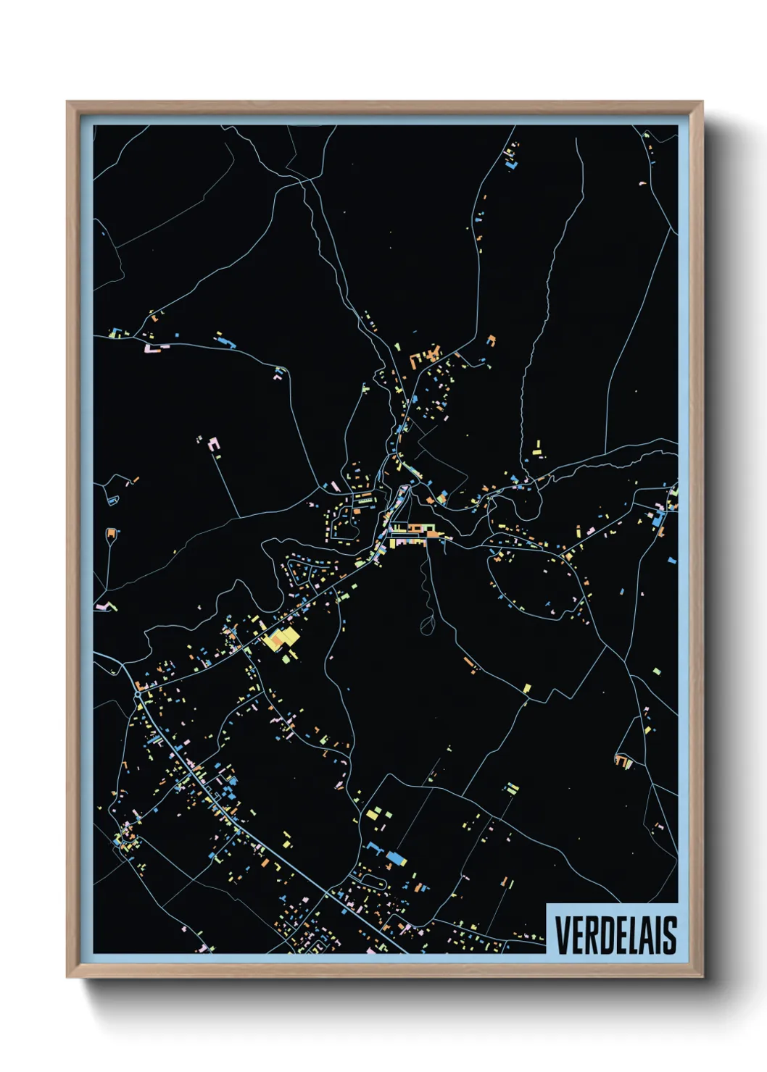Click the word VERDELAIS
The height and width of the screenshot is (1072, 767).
pos(615,934)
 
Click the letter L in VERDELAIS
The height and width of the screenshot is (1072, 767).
pos(629,934)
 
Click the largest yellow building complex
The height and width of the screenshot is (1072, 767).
pos(281,639)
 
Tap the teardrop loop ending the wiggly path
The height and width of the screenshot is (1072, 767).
pos(428,624)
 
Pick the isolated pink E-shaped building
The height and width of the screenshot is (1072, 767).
pos(214,444)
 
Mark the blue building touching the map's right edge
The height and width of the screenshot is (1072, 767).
pos(672,560)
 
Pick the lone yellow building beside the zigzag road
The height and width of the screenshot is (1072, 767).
pos(527,688)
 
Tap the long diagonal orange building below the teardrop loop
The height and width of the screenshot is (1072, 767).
pos(470,663)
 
